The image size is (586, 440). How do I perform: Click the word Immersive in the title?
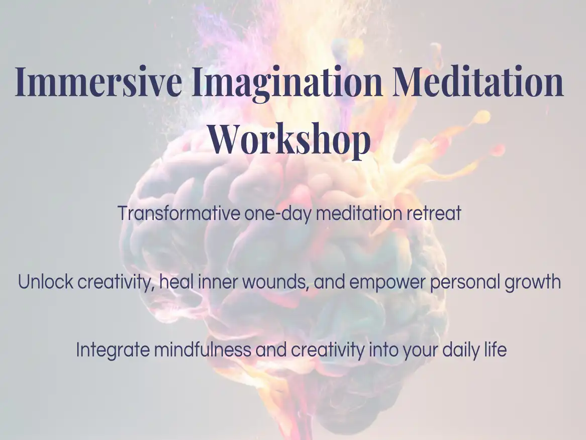pos(99,81)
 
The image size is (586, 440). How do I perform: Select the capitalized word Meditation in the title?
pos(477,81)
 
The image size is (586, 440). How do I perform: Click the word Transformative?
pos(179,213)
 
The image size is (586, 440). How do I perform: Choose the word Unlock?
pos(45,281)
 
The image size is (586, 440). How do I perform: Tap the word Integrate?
pos(113,350)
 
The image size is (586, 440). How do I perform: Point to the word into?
pos(383,350)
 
